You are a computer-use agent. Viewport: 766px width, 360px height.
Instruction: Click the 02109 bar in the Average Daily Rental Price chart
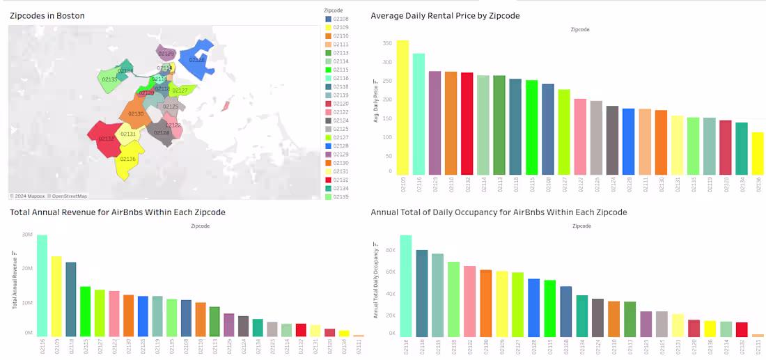coord(402,107)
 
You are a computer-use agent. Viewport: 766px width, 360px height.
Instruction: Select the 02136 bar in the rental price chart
coord(758,153)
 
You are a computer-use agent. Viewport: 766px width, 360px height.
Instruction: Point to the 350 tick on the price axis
coord(386,42)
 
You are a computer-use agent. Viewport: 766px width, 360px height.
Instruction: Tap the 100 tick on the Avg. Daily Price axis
coord(386,137)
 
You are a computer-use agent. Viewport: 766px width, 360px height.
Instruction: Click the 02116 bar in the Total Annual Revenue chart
coord(42,285)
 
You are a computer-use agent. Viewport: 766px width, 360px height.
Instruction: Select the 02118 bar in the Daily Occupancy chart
coord(422,293)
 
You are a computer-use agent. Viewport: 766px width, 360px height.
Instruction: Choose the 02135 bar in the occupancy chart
coord(454,299)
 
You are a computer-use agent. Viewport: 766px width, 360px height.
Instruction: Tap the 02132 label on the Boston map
coord(107,139)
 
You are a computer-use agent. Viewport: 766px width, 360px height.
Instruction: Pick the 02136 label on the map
coord(127,159)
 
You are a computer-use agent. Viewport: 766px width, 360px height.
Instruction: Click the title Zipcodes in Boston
coord(47,15)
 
